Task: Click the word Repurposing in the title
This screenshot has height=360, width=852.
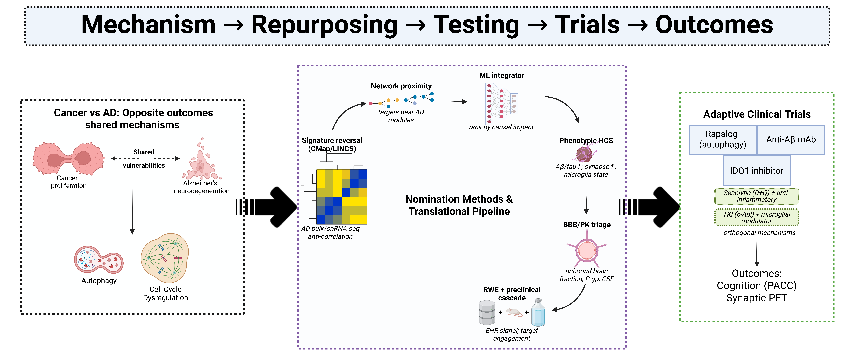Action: click(324, 25)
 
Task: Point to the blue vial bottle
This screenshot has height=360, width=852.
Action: click(538, 312)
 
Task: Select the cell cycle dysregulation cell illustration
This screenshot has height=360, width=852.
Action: click(165, 258)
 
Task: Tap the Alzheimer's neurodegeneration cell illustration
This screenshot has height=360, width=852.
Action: click(201, 162)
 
